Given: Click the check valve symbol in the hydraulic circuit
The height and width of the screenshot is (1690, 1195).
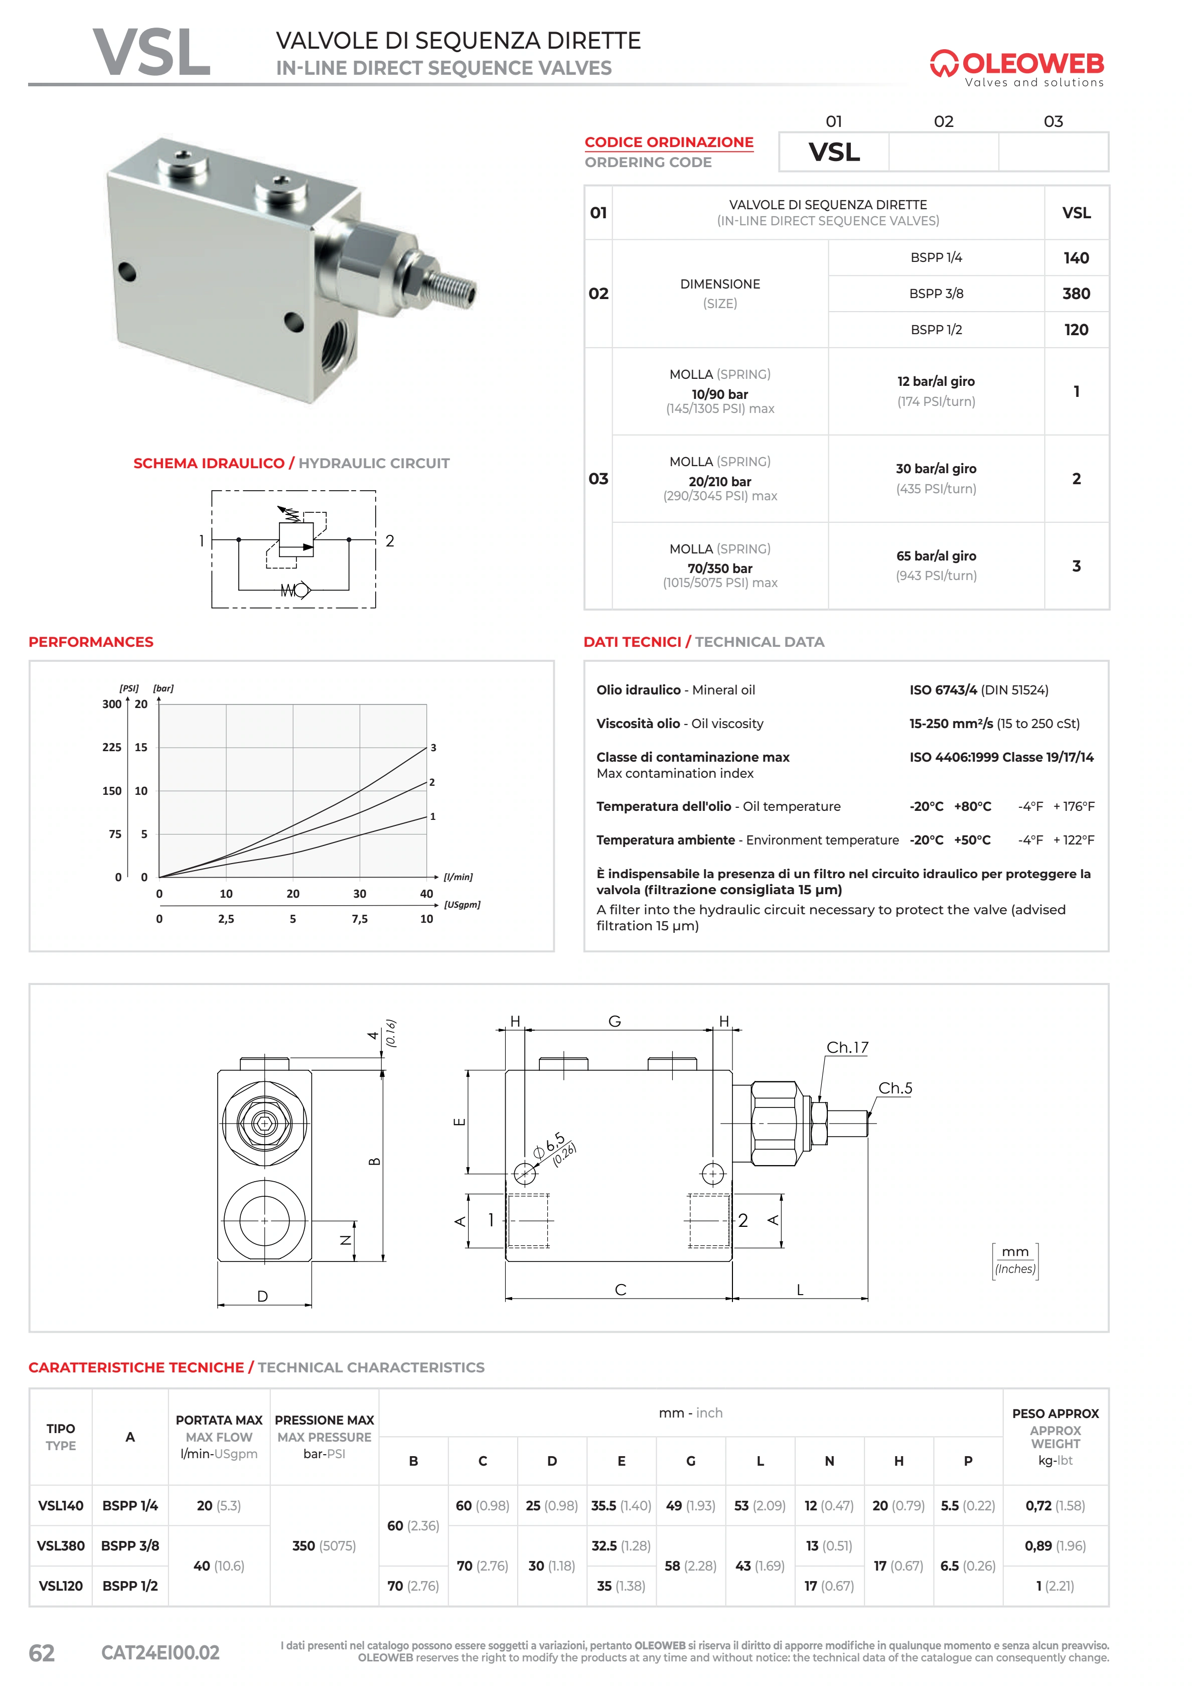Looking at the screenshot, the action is pos(296,590).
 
